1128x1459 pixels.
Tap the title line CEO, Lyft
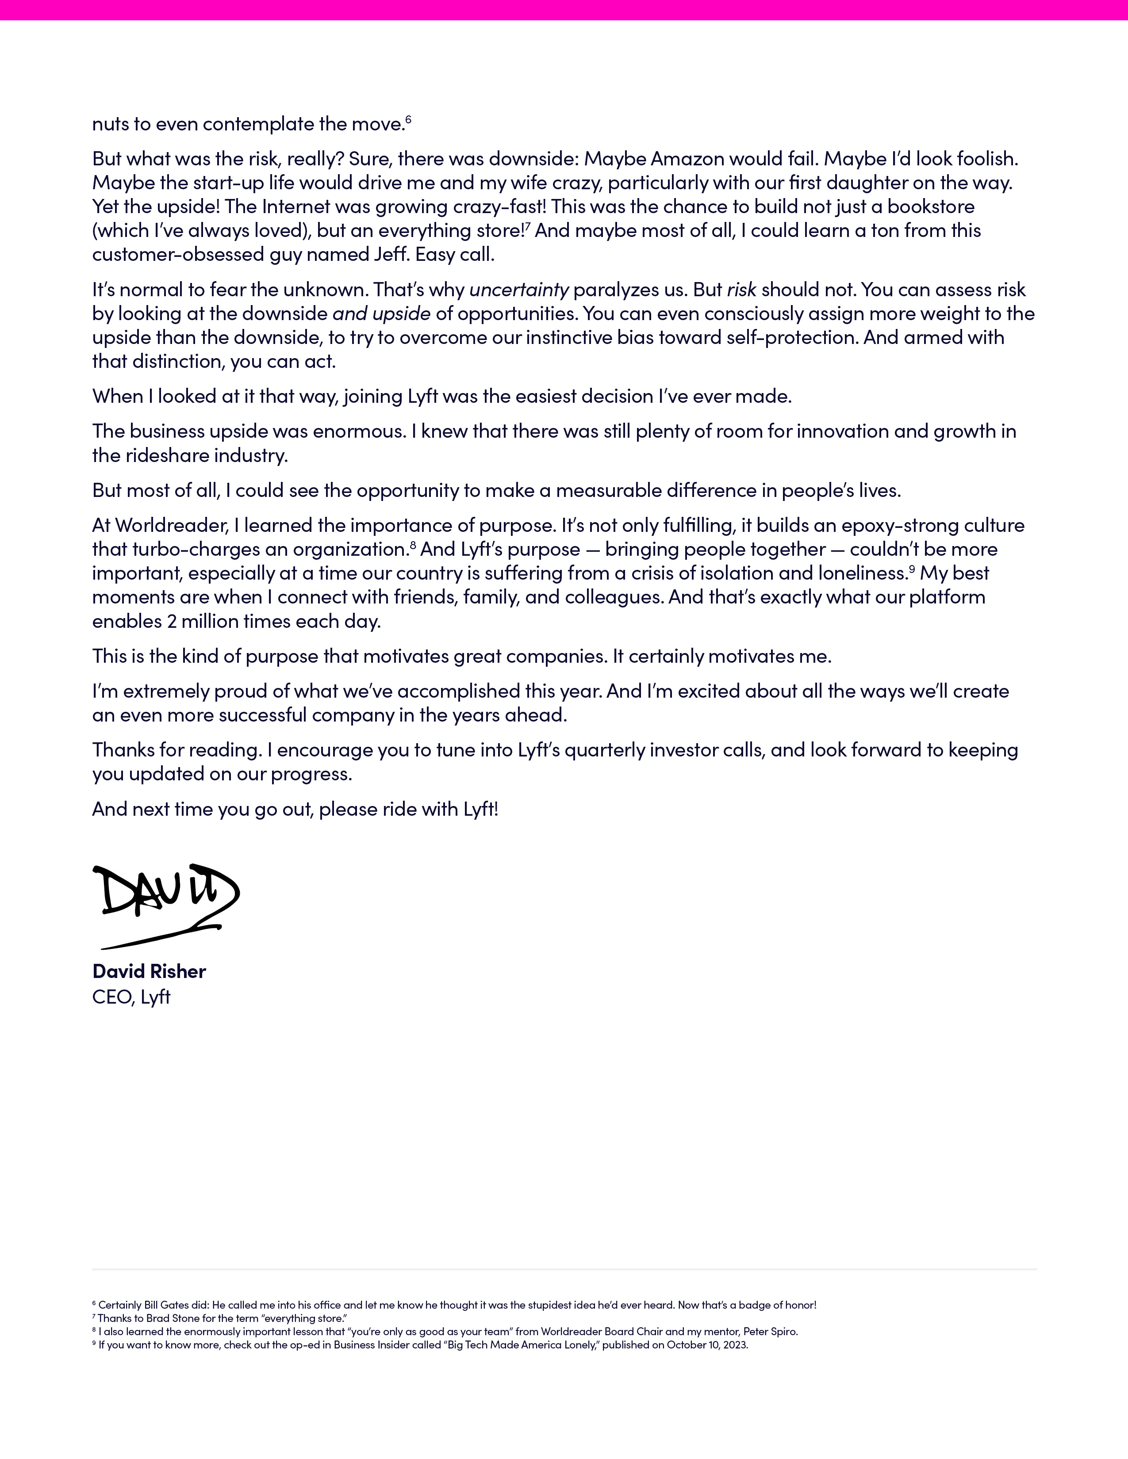(x=132, y=997)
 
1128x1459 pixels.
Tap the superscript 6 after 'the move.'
(x=408, y=119)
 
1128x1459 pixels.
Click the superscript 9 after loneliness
(x=912, y=569)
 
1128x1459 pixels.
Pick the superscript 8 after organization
(x=413, y=545)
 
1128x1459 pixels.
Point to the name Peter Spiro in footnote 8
(x=769, y=1331)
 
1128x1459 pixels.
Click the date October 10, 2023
(x=707, y=1345)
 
